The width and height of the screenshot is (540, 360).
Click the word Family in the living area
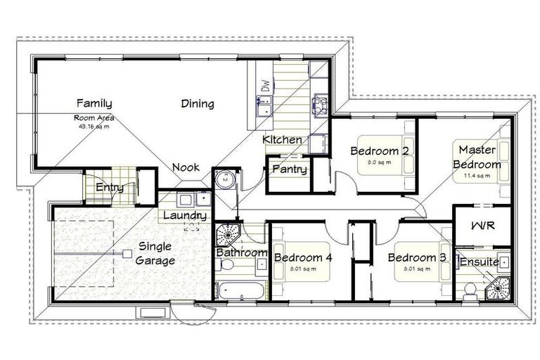(94, 103)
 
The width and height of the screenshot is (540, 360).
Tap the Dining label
(197, 104)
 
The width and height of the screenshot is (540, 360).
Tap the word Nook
(186, 168)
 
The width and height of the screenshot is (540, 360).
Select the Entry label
(110, 187)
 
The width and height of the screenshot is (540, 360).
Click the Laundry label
(185, 215)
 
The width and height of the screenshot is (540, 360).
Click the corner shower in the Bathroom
(228, 233)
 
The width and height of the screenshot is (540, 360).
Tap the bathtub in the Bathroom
(240, 290)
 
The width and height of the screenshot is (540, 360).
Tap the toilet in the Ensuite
(469, 288)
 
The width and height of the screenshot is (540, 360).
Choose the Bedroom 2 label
(380, 150)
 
